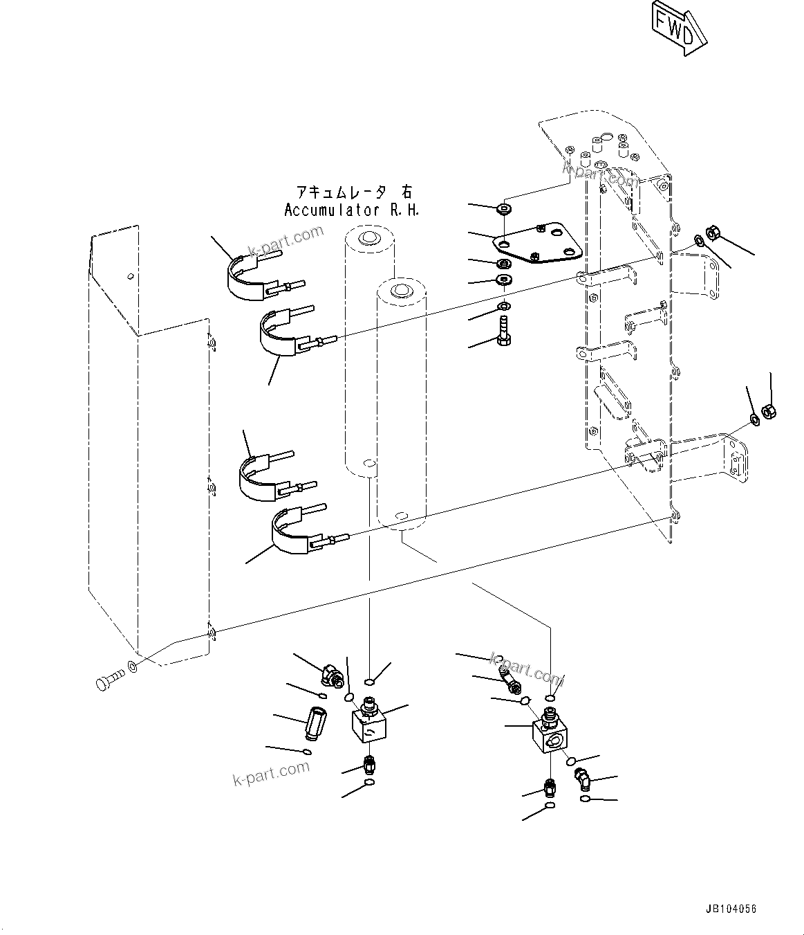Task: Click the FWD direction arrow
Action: [677, 27]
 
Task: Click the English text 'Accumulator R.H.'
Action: [351, 210]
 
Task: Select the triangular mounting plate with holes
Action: [539, 244]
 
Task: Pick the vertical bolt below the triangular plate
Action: [503, 330]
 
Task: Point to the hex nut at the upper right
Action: [714, 234]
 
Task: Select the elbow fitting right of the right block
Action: [582, 780]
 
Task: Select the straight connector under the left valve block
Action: [371, 765]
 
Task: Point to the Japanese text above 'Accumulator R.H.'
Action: [353, 192]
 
